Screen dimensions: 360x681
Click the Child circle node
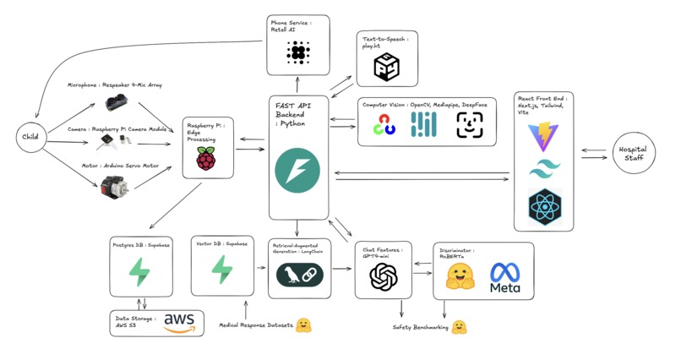[x=30, y=138]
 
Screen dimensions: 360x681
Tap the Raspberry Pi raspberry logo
[x=205, y=157]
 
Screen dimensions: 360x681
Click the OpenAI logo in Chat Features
[x=383, y=276]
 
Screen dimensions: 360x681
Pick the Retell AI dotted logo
[x=297, y=53]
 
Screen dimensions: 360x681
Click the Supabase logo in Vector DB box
[x=221, y=270]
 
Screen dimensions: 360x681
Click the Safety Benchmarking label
[x=421, y=326]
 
